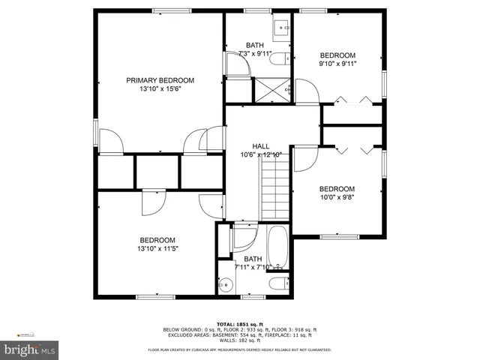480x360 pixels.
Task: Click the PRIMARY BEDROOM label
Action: click(160, 80)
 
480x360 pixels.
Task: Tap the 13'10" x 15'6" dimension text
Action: click(160, 89)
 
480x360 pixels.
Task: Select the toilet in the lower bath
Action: click(278, 283)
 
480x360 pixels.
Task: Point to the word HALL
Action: click(260, 146)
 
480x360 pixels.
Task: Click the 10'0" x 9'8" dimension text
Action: click(337, 198)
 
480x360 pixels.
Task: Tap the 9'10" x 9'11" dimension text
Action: click(338, 64)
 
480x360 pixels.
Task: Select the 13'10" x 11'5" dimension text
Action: click(157, 249)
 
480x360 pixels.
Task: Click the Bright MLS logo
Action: click(30, 349)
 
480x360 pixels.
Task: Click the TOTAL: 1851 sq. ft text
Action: click(241, 324)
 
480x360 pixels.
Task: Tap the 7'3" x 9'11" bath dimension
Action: click(253, 54)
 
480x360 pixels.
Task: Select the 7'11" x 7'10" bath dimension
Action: click(253, 268)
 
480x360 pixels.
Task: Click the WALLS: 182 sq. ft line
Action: click(241, 341)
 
